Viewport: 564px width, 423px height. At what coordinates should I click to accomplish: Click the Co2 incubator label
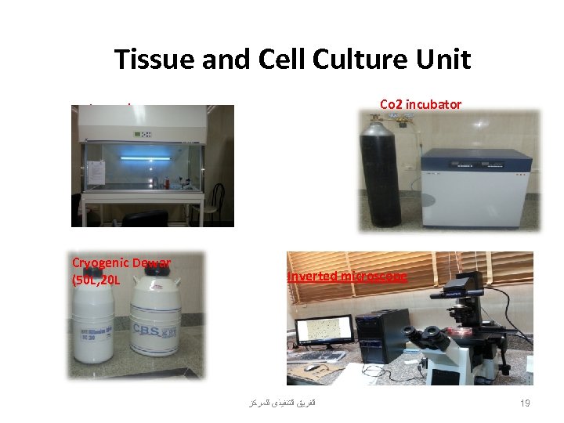click(x=420, y=104)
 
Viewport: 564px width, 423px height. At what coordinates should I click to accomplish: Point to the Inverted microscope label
click(x=347, y=277)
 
